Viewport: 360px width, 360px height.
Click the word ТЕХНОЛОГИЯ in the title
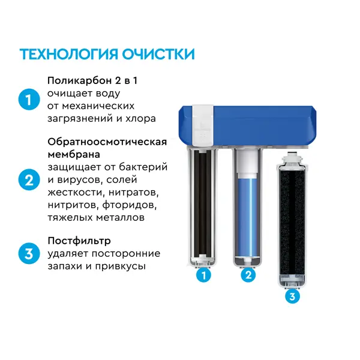click(69, 54)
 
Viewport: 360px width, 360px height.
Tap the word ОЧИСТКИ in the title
click(158, 54)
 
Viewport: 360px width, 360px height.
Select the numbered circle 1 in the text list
click(29, 100)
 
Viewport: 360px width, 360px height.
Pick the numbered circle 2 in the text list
click(29, 180)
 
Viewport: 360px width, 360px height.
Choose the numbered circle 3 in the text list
click(29, 254)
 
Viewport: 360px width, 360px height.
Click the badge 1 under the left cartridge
click(203, 275)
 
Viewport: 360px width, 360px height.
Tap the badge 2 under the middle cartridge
click(248, 275)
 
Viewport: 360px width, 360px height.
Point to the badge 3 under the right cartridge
click(292, 296)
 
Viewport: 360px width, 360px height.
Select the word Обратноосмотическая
click(107, 142)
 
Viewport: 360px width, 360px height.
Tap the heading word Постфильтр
click(79, 241)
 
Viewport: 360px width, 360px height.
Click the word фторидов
click(130, 205)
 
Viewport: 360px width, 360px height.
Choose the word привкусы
click(121, 266)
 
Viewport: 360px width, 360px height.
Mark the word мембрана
click(74, 154)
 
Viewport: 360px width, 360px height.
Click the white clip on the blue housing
click(203, 125)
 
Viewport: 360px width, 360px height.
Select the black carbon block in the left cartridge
click(203, 204)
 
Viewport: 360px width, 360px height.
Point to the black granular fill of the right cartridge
click(292, 222)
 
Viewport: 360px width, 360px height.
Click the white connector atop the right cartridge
click(292, 158)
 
